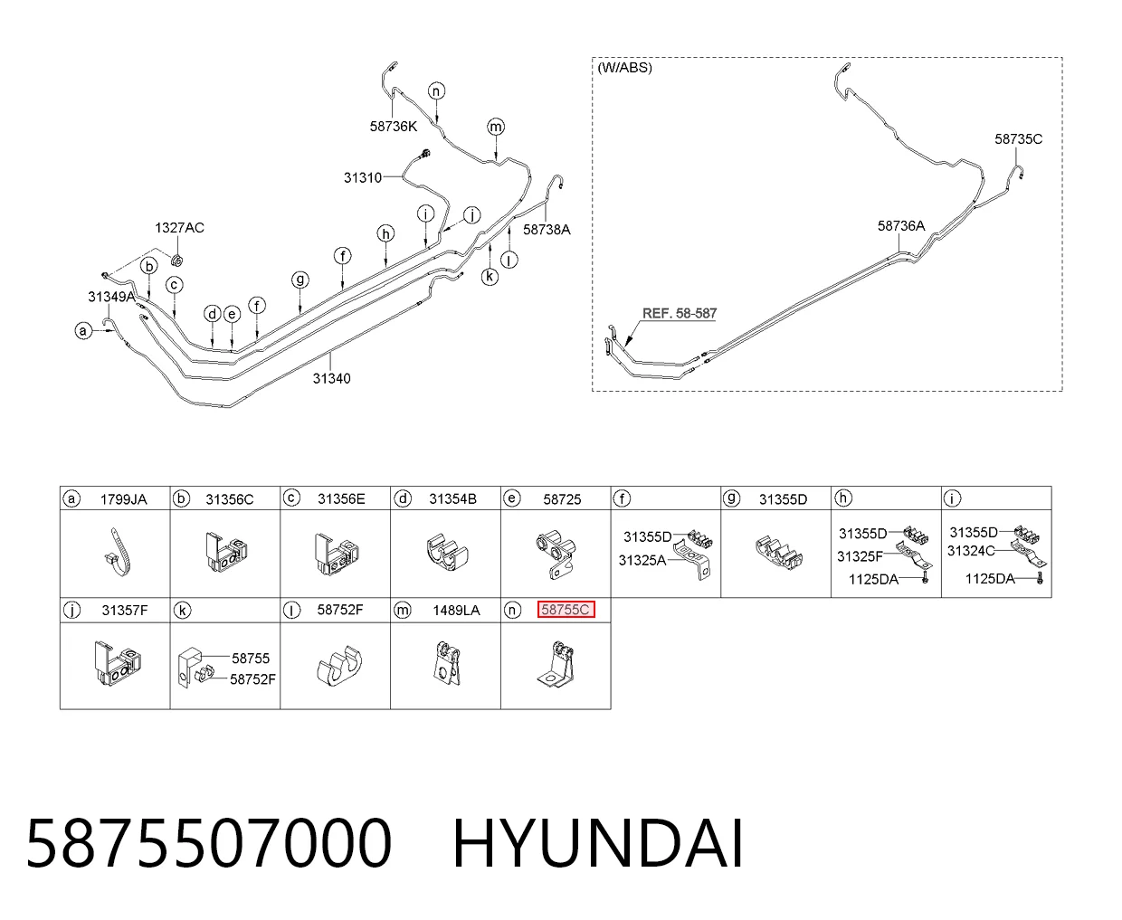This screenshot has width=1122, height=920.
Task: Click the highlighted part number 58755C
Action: (x=566, y=610)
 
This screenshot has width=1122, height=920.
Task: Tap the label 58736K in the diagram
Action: (x=393, y=126)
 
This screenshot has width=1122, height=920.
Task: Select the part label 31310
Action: (x=362, y=177)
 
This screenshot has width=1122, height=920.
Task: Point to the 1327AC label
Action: (x=179, y=228)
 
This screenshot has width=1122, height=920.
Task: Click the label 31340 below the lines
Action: (x=331, y=378)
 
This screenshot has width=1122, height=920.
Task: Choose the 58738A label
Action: (x=547, y=229)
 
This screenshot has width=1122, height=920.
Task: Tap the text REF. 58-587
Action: (x=680, y=313)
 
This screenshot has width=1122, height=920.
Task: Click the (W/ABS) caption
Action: (x=624, y=68)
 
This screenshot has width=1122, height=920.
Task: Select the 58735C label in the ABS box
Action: (x=1018, y=138)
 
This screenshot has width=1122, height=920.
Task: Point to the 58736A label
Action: (x=901, y=225)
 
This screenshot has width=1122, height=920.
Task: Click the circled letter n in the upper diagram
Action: (x=436, y=91)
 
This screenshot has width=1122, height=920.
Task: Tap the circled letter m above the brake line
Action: (x=496, y=127)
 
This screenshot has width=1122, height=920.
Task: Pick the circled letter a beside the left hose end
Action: (x=83, y=331)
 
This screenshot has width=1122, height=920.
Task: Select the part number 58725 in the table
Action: (x=562, y=499)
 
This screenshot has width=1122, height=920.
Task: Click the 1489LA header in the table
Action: (x=456, y=610)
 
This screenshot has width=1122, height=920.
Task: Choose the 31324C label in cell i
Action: (x=970, y=550)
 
